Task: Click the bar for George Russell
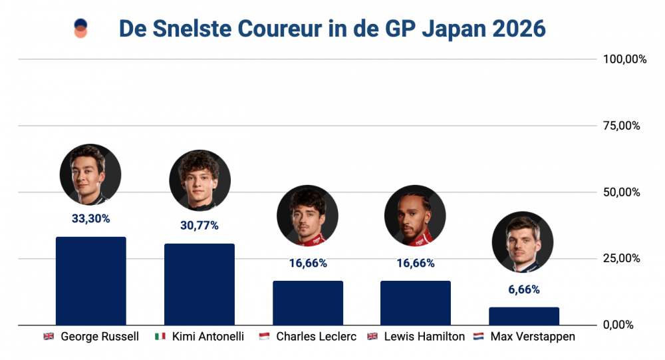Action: [91, 280]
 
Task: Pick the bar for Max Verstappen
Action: [524, 315]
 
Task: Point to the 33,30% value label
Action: [91, 218]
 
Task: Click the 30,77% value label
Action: [199, 226]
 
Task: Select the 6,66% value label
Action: [524, 290]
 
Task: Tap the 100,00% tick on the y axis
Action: [624, 59]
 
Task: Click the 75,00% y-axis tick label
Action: [624, 126]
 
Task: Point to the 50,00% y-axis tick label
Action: [624, 192]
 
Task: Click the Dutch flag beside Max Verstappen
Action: [478, 337]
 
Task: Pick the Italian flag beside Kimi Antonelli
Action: [160, 337]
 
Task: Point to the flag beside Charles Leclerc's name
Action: [264, 337]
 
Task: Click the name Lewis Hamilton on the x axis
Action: [424, 337]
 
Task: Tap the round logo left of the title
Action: [80, 29]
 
